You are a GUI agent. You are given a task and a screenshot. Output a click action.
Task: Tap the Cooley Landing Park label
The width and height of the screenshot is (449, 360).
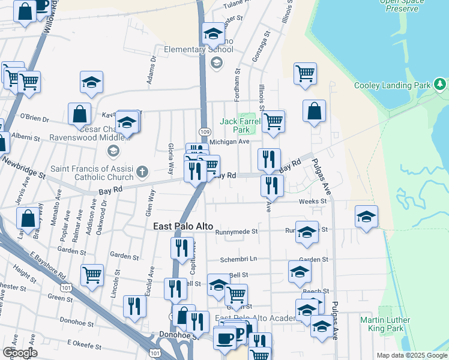pyautogui.click(x=393, y=85)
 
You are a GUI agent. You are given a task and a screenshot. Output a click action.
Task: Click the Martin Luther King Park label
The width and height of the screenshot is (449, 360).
pyautogui.click(x=385, y=324)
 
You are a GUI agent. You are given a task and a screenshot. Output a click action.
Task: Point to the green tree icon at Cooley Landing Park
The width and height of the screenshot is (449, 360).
pyautogui.click(x=441, y=85)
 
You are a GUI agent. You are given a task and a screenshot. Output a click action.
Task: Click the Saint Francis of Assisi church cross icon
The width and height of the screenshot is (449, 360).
pyautogui.click(x=142, y=172)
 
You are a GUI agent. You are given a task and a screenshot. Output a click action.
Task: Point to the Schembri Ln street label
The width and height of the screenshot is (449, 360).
pyautogui.click(x=238, y=259)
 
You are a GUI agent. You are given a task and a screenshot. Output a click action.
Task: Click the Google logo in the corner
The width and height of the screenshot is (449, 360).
pyautogui.click(x=20, y=353)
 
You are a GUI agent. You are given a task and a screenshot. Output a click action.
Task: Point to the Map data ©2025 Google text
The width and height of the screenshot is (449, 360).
pyautogui.click(x=411, y=355)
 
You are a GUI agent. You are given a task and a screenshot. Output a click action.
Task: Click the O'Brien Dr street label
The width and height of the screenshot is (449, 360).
pyautogui.click(x=34, y=118)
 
